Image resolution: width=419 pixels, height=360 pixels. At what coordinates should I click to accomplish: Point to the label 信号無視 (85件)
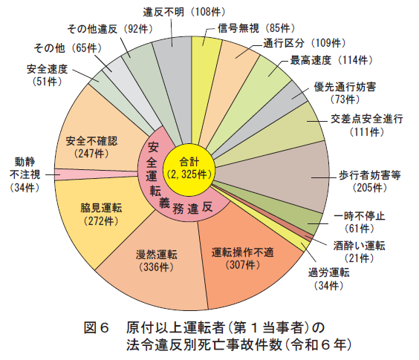pyautogui.click(x=256, y=28)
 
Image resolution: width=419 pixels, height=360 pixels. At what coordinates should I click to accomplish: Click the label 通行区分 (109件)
pyautogui.click(x=305, y=43)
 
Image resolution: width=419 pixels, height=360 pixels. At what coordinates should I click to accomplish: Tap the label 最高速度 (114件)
pyautogui.click(x=331, y=60)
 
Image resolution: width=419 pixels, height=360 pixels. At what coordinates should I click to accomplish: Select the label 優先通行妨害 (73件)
pyautogui.click(x=345, y=94)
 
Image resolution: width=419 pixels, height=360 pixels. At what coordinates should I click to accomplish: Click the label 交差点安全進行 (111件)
pyautogui.click(x=367, y=125)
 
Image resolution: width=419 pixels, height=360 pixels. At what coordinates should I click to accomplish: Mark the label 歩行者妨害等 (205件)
pyautogui.click(x=370, y=182)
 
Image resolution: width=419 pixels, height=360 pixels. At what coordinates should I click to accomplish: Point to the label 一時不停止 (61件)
pyautogui.click(x=360, y=222)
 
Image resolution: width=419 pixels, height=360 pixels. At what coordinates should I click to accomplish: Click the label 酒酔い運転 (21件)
pyautogui.click(x=360, y=252)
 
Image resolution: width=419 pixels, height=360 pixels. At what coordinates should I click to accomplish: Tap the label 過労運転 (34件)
pyautogui.click(x=329, y=279)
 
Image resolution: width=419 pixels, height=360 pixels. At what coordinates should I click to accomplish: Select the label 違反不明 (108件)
pyautogui.click(x=184, y=12)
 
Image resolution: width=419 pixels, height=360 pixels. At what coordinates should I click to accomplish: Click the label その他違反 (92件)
pyautogui.click(x=110, y=29)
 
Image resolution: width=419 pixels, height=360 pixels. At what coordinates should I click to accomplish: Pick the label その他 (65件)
pyautogui.click(x=68, y=48)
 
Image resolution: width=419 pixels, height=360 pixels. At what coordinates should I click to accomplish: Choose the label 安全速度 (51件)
pyautogui.click(x=48, y=75)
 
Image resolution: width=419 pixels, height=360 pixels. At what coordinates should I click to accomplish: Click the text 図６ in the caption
pyautogui.click(x=96, y=327)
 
